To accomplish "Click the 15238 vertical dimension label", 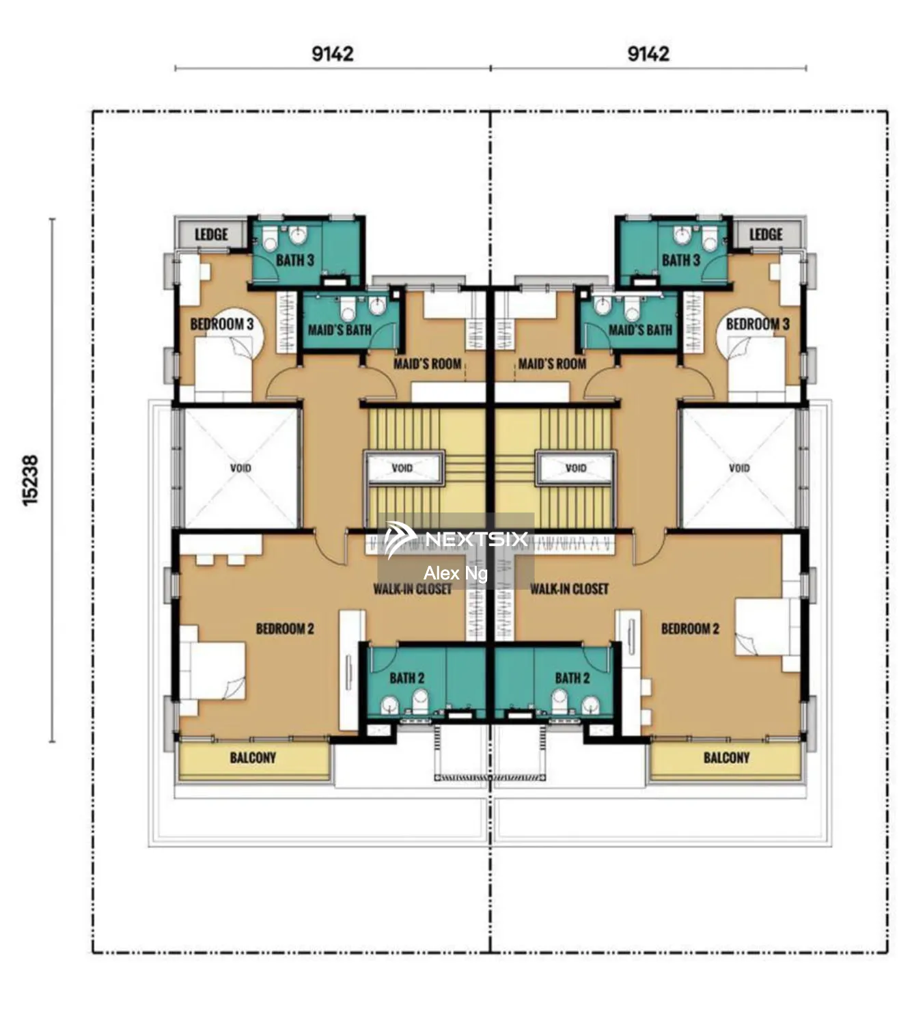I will (x=31, y=480).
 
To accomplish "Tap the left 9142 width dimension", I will (x=332, y=53).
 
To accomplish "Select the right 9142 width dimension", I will (x=648, y=53).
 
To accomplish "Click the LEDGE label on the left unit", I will (x=211, y=234).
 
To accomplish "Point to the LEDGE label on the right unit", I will (x=765, y=234).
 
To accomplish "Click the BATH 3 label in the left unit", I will (x=295, y=260).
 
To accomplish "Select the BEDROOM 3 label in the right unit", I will (x=757, y=324).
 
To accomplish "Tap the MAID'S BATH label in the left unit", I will (x=340, y=330).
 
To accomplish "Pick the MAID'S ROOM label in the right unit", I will (x=552, y=364).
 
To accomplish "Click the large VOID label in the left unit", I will (x=240, y=468).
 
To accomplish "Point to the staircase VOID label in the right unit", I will (x=575, y=468).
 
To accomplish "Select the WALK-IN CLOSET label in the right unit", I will (x=569, y=588).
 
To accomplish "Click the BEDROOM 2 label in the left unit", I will (x=285, y=628).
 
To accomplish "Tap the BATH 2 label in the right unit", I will (x=572, y=678).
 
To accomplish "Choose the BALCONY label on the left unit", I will (x=253, y=757).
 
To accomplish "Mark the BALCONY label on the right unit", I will (x=726, y=757).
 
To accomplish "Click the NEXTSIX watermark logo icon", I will (x=400, y=540).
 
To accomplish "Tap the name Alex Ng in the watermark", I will (x=455, y=573).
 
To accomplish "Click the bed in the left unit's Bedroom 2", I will (x=213, y=670).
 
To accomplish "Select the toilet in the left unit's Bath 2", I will (x=420, y=701).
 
